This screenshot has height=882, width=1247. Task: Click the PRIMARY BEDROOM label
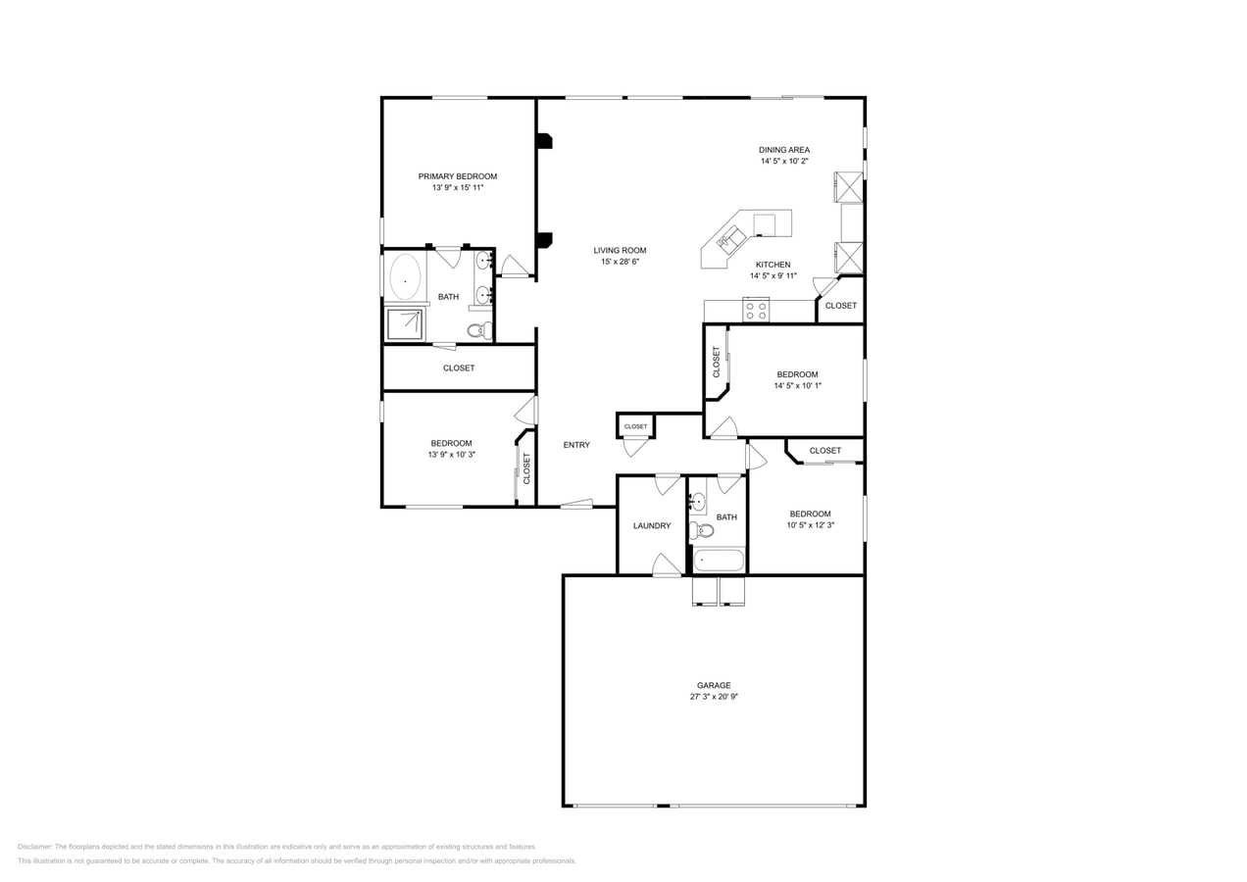[x=457, y=176]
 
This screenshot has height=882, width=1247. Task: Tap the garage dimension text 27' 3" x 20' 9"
[x=713, y=697]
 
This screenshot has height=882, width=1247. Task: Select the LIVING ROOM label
[x=620, y=250]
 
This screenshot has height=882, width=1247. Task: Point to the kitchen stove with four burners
[x=756, y=311]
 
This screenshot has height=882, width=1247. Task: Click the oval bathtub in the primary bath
[x=405, y=277]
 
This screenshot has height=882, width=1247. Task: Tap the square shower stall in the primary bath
[x=405, y=323]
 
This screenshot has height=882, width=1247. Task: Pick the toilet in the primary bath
[x=477, y=330]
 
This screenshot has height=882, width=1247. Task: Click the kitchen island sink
[x=730, y=237]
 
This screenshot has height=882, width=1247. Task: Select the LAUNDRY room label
[x=652, y=526]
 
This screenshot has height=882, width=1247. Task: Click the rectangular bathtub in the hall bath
[x=719, y=561]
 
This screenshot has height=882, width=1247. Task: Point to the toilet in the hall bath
[x=701, y=531]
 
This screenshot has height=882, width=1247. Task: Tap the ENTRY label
[x=576, y=445]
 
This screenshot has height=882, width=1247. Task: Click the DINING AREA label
[x=784, y=150]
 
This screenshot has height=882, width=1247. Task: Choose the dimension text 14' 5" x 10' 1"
[x=797, y=386]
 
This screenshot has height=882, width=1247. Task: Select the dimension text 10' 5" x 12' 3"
[x=810, y=525]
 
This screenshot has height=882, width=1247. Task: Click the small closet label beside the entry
[x=636, y=426]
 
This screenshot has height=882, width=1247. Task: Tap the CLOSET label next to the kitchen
[x=840, y=306]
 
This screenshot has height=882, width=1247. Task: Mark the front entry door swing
[x=577, y=504]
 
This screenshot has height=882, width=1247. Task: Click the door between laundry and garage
[x=667, y=566]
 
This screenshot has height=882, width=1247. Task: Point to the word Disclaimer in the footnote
[x=34, y=847]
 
